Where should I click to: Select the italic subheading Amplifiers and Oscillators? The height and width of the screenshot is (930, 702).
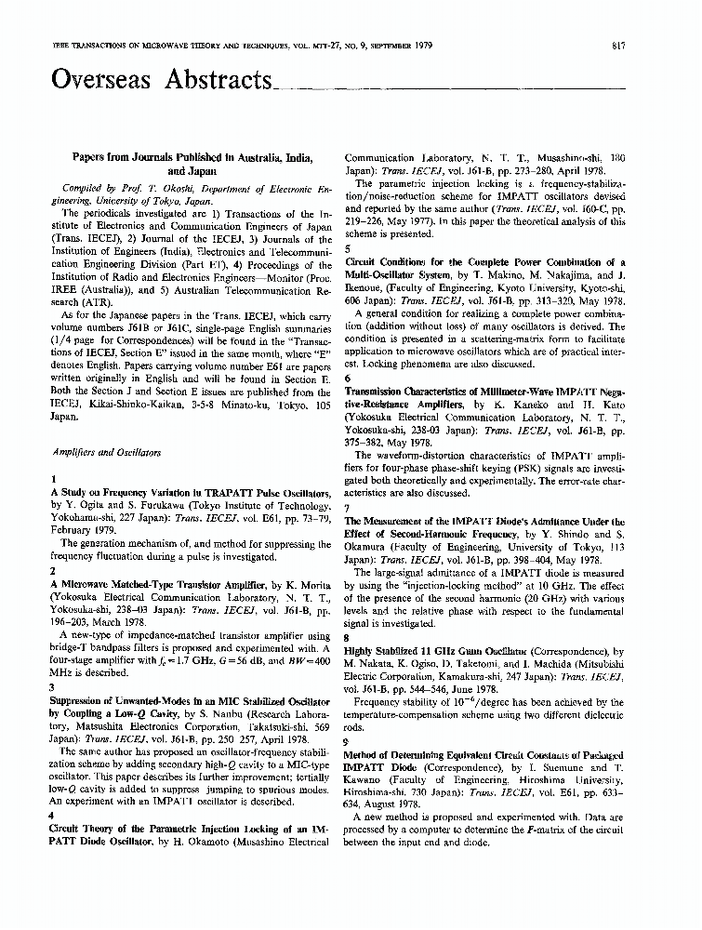(106, 452)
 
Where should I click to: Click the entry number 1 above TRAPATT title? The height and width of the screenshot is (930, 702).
(54, 480)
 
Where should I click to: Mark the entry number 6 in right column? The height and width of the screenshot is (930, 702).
(348, 379)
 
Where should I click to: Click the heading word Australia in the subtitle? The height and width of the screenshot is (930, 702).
(253, 158)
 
